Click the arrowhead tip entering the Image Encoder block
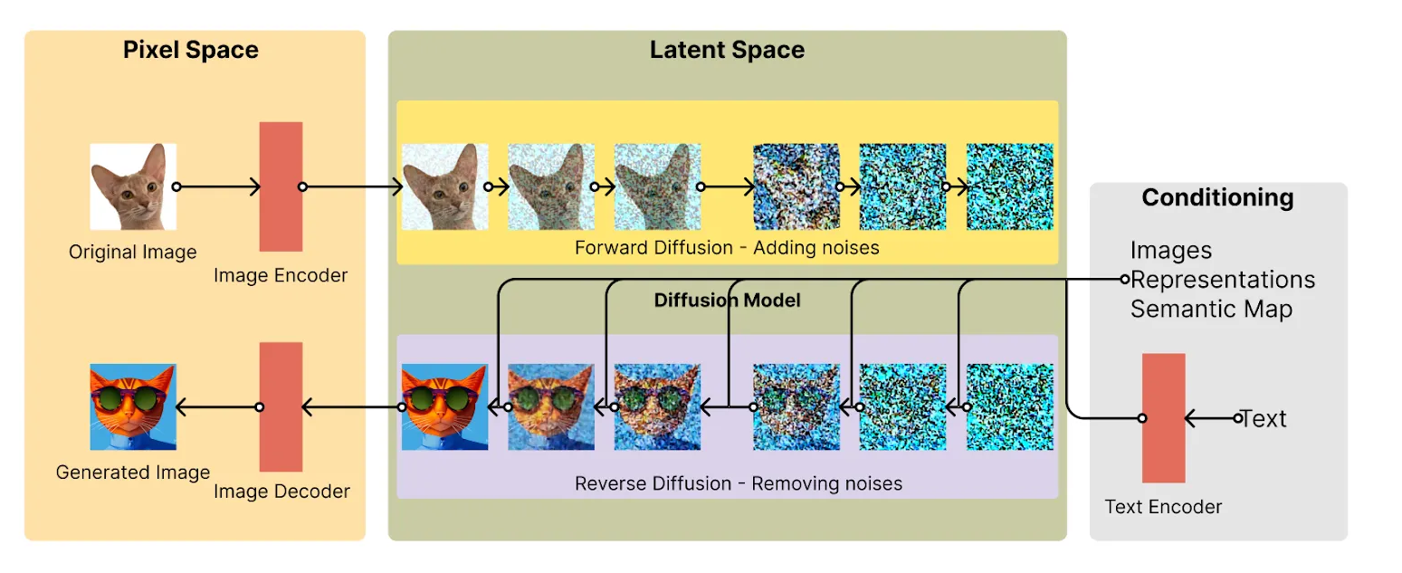(x=260, y=186)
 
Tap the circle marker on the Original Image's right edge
(x=176, y=186)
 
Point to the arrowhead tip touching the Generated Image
(x=176, y=407)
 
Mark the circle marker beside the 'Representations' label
(x=1125, y=280)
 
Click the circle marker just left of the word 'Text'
(x=1237, y=417)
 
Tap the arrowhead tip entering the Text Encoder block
(x=1186, y=417)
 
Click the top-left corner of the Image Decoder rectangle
(x=260, y=342)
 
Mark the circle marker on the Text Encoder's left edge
(x=1142, y=417)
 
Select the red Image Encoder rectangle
(x=281, y=186)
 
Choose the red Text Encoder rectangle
(x=1164, y=417)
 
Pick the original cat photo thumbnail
(x=133, y=186)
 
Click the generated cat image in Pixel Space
(x=133, y=407)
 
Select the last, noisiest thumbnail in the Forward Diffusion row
(x=1010, y=186)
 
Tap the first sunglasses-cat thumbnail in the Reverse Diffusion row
(x=445, y=407)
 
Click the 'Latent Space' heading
(x=728, y=50)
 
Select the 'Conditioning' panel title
(x=1218, y=197)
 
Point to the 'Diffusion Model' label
(x=728, y=300)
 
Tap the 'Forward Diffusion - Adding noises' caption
(x=728, y=248)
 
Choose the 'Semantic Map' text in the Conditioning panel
(x=1212, y=309)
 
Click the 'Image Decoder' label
(x=281, y=491)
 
